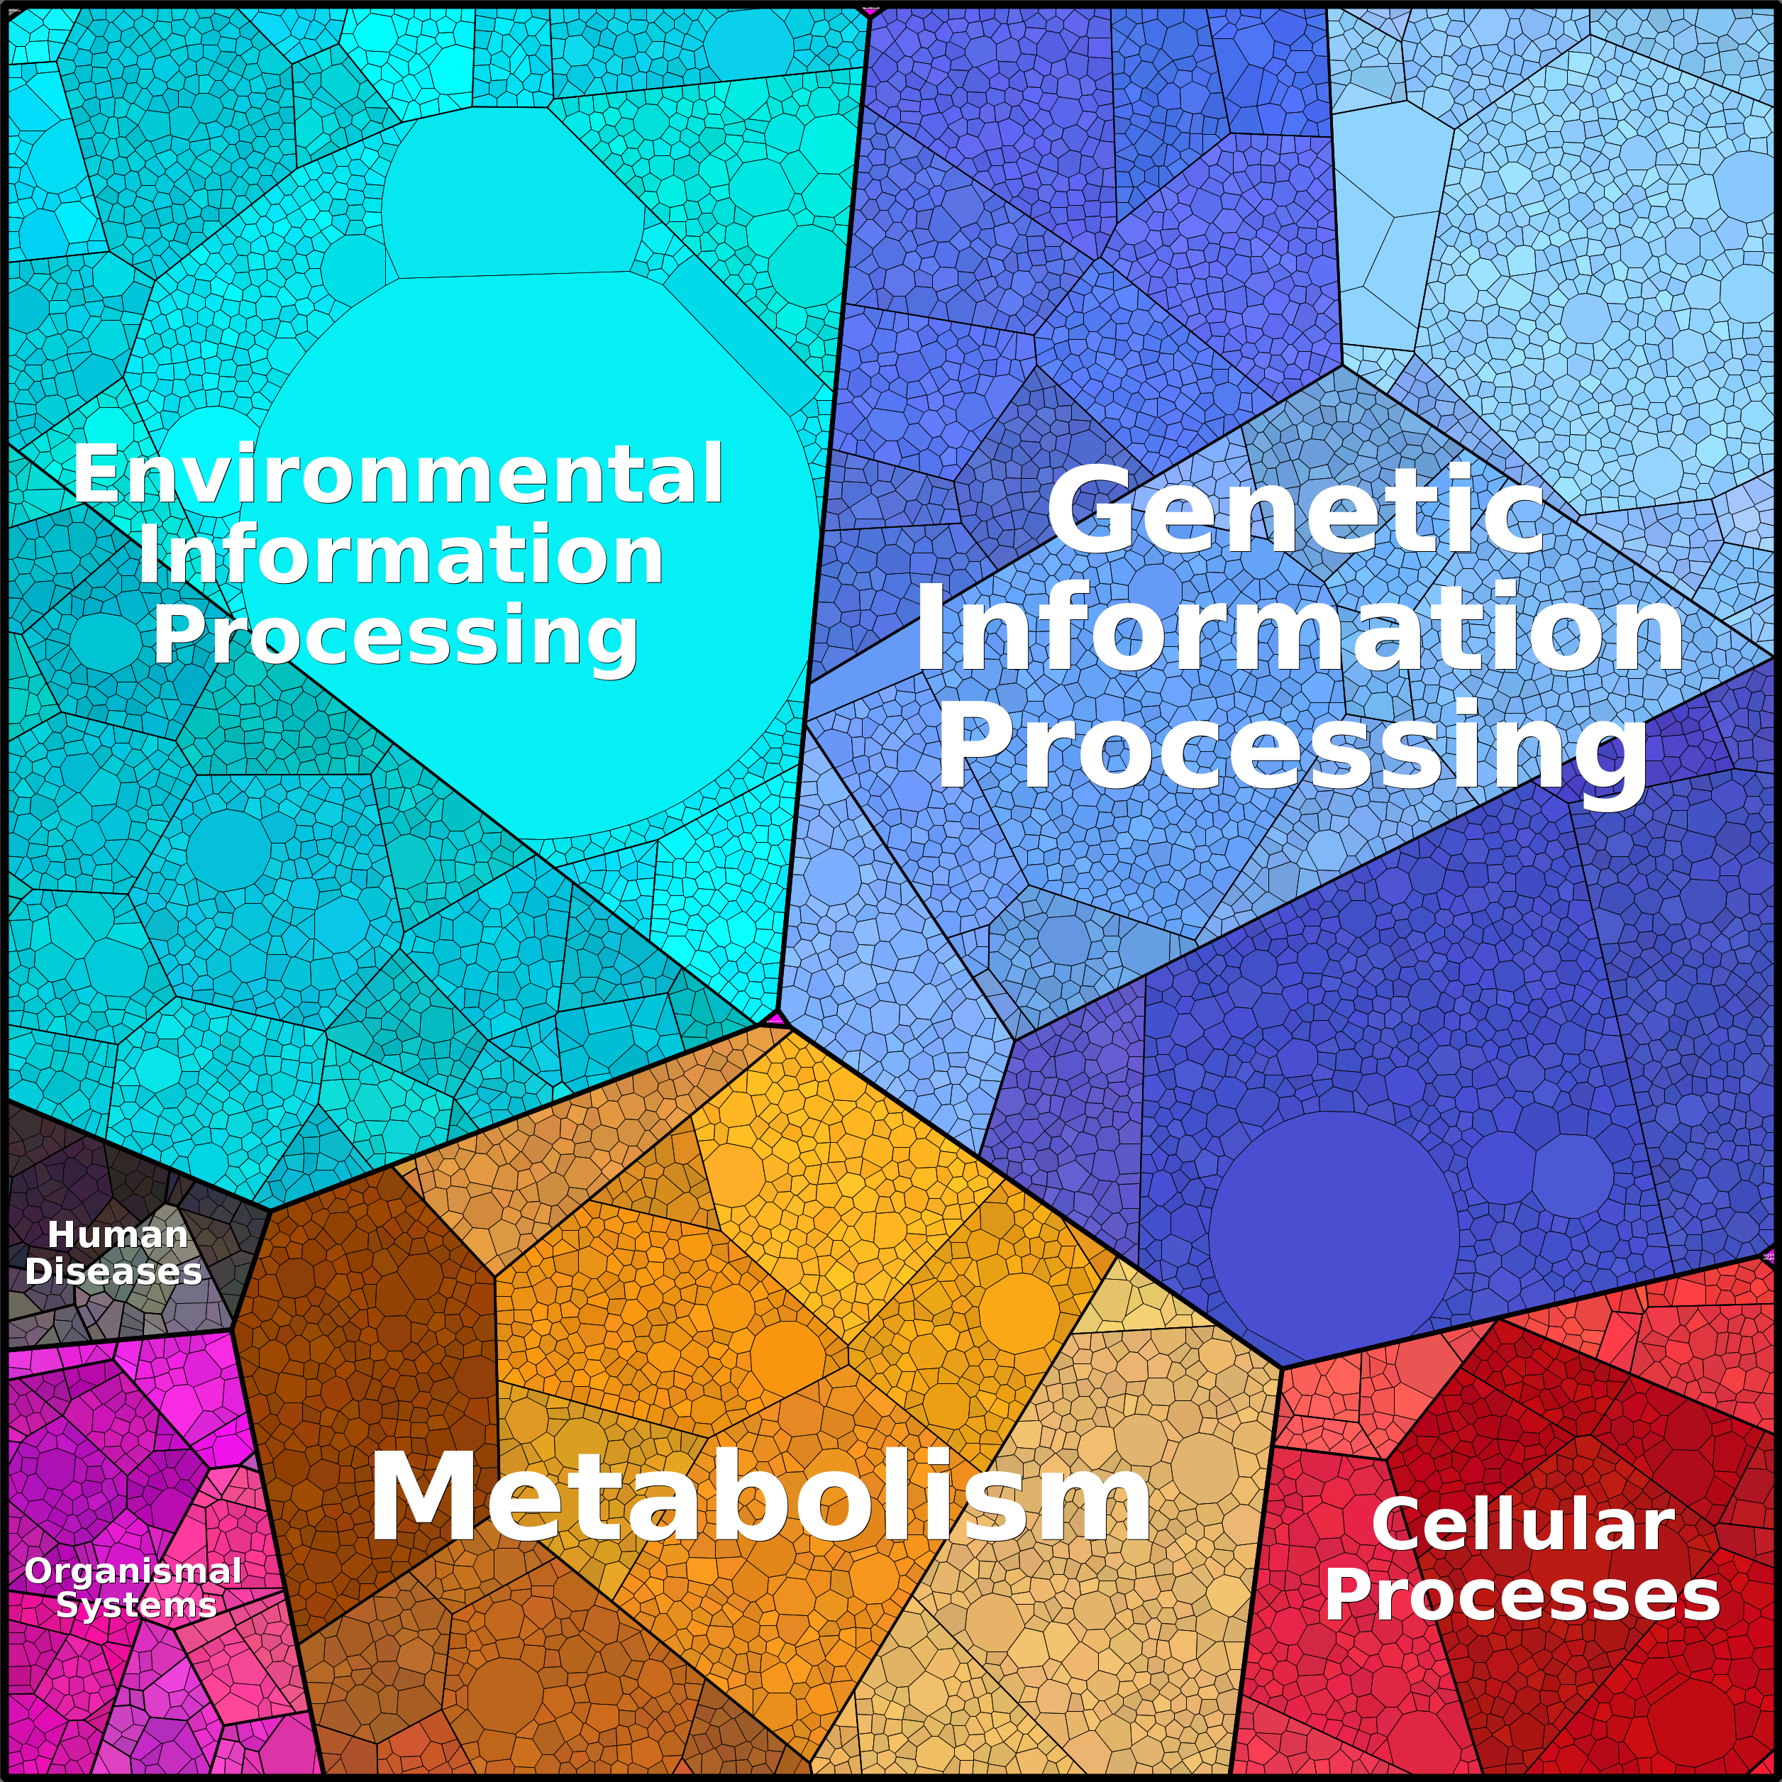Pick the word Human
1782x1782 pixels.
pyautogui.click(x=117, y=1234)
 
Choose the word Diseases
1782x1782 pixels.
pyautogui.click(x=114, y=1271)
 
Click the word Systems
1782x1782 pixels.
pyautogui.click(x=136, y=1605)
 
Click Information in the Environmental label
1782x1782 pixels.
pyautogui.click(x=400, y=555)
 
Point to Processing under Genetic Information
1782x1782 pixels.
pyautogui.click(x=1291, y=746)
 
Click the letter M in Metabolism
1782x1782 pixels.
pyautogui.click(x=417, y=1496)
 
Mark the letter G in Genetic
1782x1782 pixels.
pyautogui.click(x=1088, y=509)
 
